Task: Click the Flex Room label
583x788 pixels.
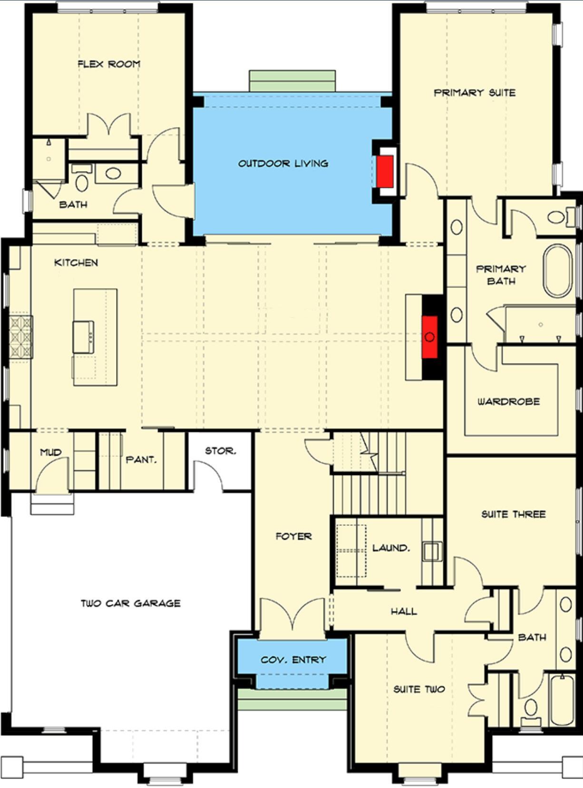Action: point(109,64)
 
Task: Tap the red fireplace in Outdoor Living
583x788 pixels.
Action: point(385,171)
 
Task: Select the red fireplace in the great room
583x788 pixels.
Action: point(430,336)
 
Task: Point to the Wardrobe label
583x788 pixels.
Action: point(508,401)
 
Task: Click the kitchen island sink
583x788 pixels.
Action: point(83,337)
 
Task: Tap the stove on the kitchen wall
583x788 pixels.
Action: point(21,337)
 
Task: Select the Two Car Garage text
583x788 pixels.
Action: point(130,603)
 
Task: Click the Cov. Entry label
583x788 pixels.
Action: point(293,660)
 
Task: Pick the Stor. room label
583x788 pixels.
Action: point(220,450)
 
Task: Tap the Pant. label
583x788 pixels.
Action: point(141,460)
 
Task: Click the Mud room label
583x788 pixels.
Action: point(50,452)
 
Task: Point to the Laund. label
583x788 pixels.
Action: point(390,547)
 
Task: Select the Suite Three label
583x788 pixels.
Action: point(513,514)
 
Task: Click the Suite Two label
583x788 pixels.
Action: point(419,689)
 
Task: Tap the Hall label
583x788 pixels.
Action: point(404,611)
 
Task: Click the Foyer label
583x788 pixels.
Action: point(293,536)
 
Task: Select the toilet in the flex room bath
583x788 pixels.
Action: point(81,181)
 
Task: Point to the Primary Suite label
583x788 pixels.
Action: point(474,92)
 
